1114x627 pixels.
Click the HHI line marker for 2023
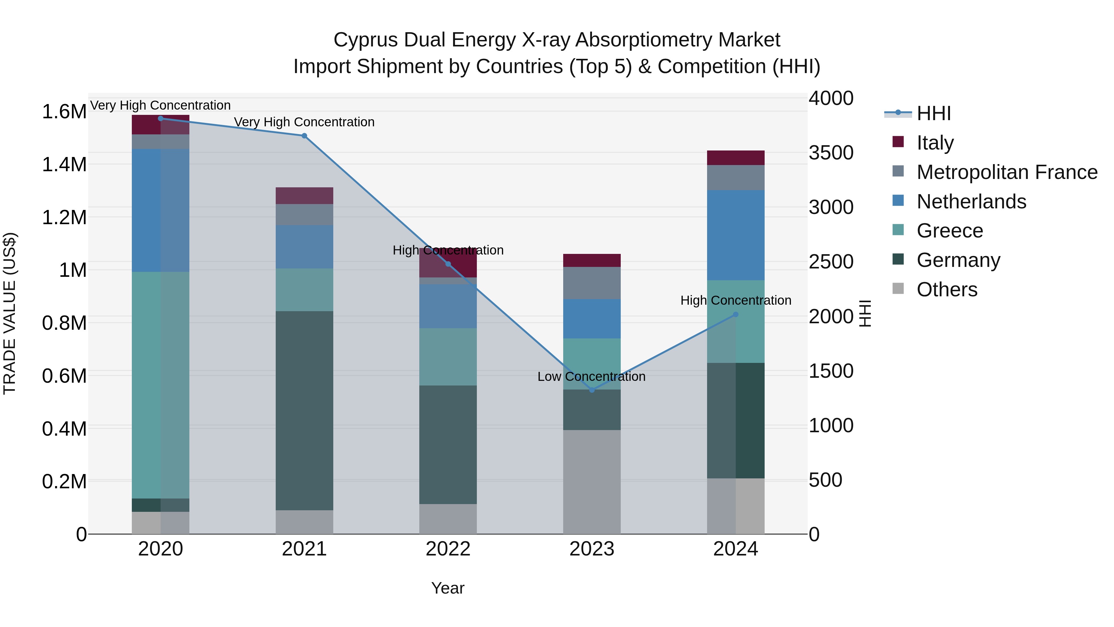pyautogui.click(x=592, y=390)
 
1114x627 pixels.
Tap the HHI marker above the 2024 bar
pyautogui.click(x=736, y=315)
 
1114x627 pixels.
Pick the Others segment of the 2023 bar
pyautogui.click(x=592, y=481)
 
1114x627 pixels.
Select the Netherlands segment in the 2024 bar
pyautogui.click(x=736, y=235)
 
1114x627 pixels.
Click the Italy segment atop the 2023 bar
pyautogui.click(x=592, y=260)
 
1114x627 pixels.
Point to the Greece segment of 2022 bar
pyautogui.click(x=448, y=357)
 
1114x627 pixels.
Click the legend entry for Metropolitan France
pyautogui.click(x=1007, y=172)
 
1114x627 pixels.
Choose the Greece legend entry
pyautogui.click(x=950, y=231)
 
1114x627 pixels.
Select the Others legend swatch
pyautogui.click(x=898, y=289)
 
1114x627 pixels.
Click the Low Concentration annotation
pyautogui.click(x=591, y=377)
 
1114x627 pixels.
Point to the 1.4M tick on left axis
pyautogui.click(x=64, y=165)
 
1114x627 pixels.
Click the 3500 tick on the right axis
pyautogui.click(x=831, y=153)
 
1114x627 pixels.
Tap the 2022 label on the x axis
pyautogui.click(x=448, y=549)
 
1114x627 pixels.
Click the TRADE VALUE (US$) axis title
pyautogui.click(x=10, y=313)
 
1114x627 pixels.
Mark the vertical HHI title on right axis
pyautogui.click(x=865, y=313)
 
